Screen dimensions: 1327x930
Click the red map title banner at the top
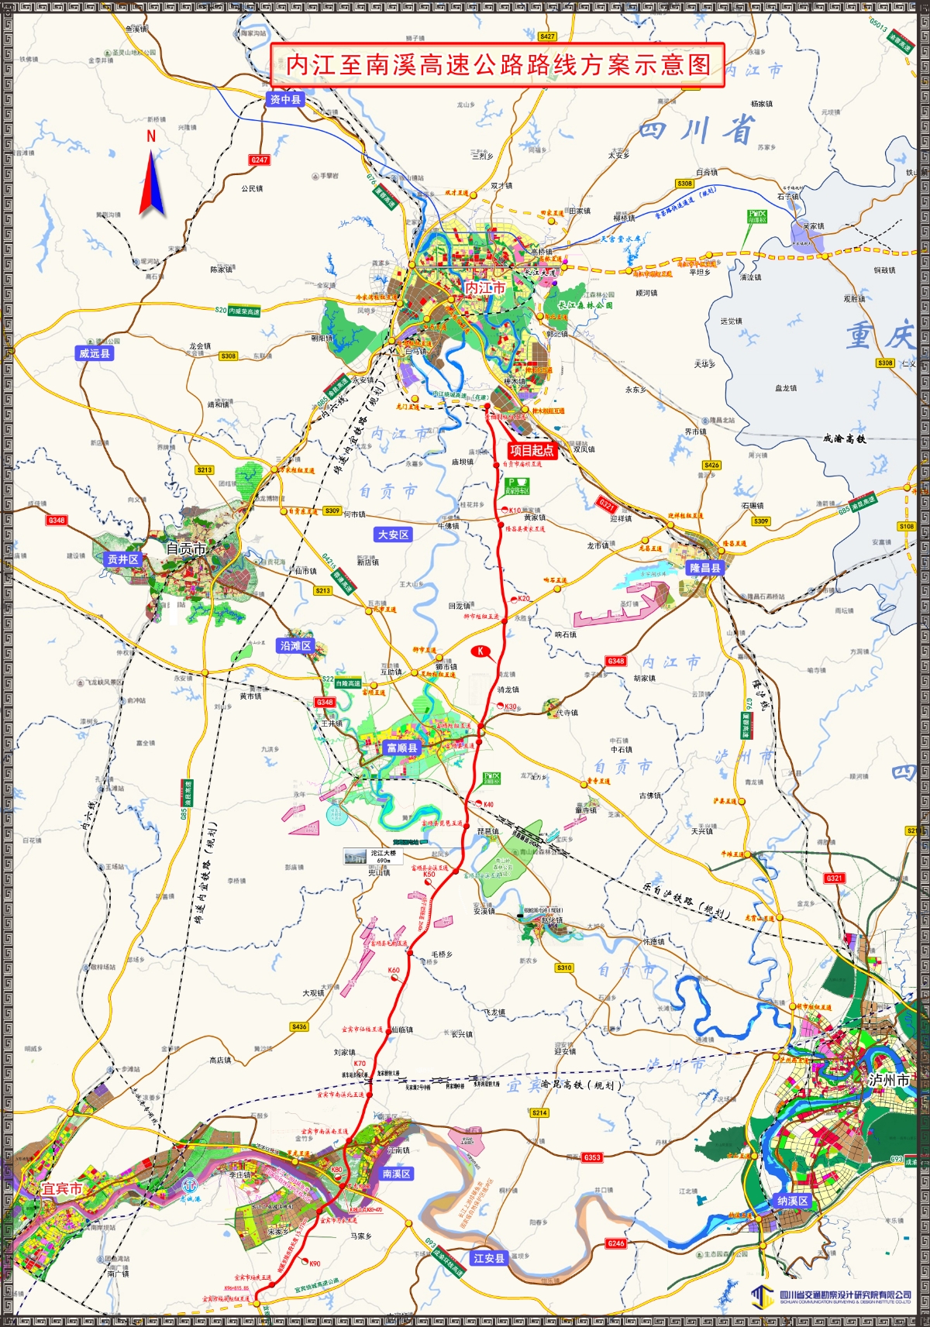click(498, 65)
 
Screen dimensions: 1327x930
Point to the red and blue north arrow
click(152, 181)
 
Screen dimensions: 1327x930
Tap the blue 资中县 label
click(285, 100)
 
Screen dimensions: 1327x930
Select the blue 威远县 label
click(95, 353)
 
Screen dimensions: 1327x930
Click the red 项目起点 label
click(532, 450)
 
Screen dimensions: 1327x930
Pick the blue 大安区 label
click(393, 535)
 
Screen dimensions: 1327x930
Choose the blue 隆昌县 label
click(704, 568)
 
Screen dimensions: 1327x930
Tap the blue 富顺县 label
click(402, 748)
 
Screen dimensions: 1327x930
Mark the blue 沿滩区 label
click(295, 645)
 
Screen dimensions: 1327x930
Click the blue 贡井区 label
click(122, 559)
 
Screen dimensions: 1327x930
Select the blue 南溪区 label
click(396, 1174)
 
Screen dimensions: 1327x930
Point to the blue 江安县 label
click(488, 1259)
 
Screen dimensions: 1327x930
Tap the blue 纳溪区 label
click(792, 1201)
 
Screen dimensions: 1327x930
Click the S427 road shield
click(547, 36)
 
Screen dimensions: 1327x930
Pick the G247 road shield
click(259, 160)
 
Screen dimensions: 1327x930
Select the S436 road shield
click(299, 1026)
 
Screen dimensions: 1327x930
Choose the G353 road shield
click(592, 1157)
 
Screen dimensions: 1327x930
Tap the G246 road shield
click(615, 1243)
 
